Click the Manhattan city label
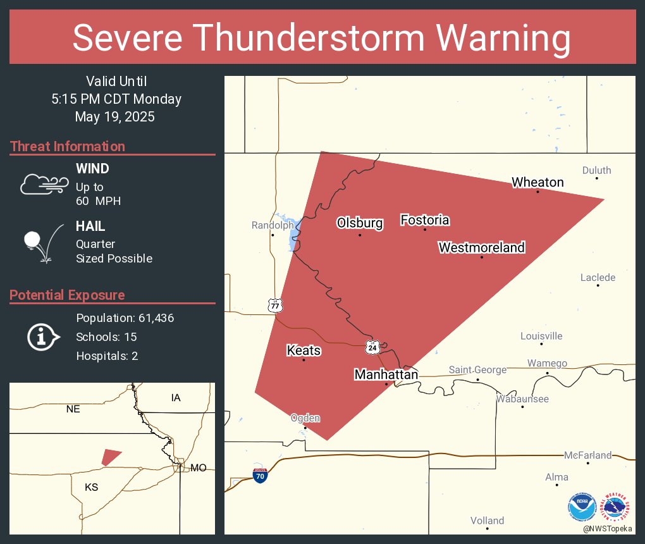386,374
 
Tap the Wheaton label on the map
537,182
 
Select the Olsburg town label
360,223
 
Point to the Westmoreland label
482,247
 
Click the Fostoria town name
425,220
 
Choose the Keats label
304,350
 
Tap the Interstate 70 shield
259,476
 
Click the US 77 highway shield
275,305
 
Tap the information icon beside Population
42,337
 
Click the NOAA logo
582,507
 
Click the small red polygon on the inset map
111,457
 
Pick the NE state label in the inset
73,409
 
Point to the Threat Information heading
68,146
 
